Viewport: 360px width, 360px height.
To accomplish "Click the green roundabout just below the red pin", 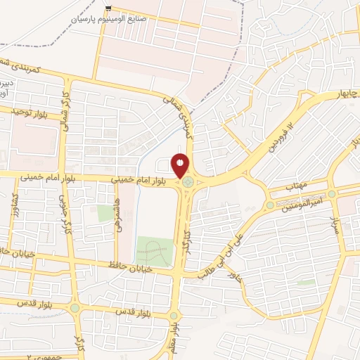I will click(188, 184).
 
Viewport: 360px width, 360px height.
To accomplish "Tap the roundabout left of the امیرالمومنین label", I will click(269, 205).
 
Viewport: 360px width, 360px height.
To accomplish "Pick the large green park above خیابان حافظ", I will click(153, 251).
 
